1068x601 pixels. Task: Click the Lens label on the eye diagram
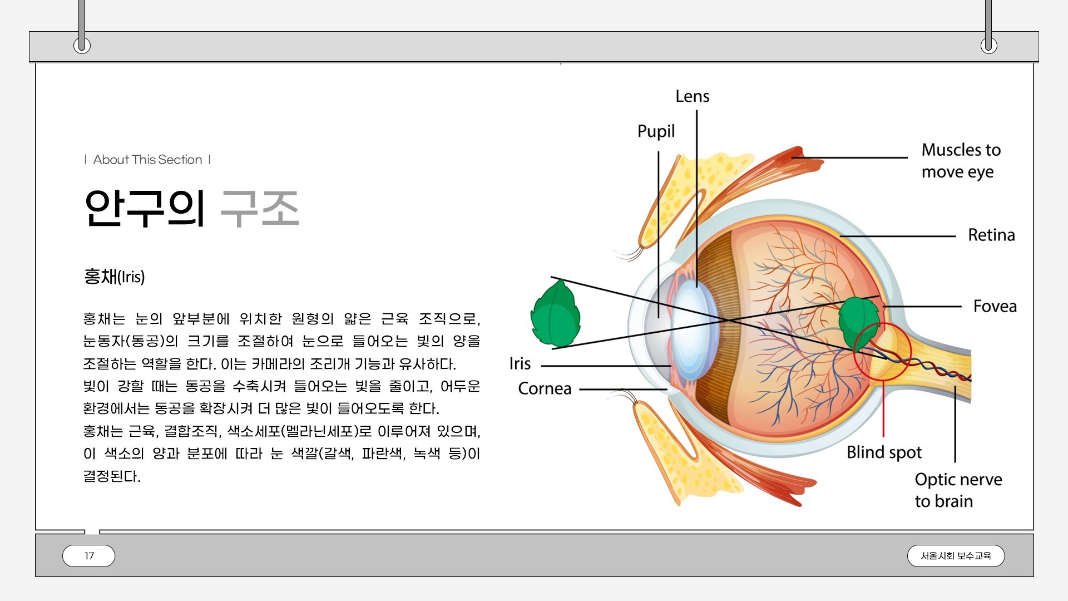pyautogui.click(x=692, y=96)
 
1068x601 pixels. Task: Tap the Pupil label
pyautogui.click(x=656, y=131)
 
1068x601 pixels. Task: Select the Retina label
pyautogui.click(x=991, y=235)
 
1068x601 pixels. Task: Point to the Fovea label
pyautogui.click(x=995, y=306)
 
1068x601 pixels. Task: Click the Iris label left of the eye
pyautogui.click(x=520, y=363)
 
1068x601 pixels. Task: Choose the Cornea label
pyautogui.click(x=545, y=388)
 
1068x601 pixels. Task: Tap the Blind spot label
pyautogui.click(x=884, y=452)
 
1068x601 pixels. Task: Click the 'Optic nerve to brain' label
pyautogui.click(x=958, y=490)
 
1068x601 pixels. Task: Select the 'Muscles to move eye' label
pyautogui.click(x=961, y=161)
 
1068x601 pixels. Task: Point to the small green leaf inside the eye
pyautogui.click(x=858, y=322)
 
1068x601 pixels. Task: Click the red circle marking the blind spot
pyautogui.click(x=882, y=352)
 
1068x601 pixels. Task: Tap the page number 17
pyautogui.click(x=89, y=556)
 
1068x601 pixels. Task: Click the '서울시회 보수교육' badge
pyautogui.click(x=956, y=556)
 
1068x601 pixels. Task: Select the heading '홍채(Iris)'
pyautogui.click(x=114, y=277)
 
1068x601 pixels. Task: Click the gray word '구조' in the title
pyautogui.click(x=260, y=208)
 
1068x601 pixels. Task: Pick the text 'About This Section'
pyautogui.click(x=147, y=160)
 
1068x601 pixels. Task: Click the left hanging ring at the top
pyautogui.click(x=82, y=45)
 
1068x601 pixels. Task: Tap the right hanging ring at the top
pyautogui.click(x=988, y=45)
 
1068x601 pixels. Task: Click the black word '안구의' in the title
pyautogui.click(x=145, y=208)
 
